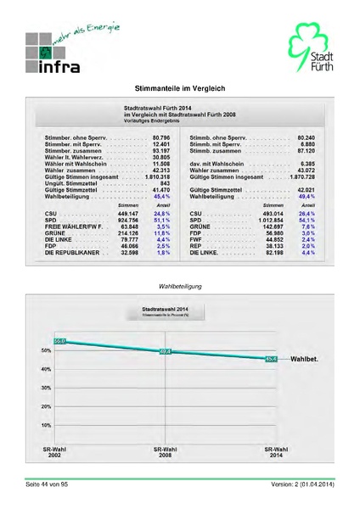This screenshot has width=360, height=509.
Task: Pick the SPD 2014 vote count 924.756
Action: click(x=126, y=221)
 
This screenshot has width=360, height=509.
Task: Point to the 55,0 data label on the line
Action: click(x=59, y=340)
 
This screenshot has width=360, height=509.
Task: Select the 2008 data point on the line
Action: click(x=165, y=350)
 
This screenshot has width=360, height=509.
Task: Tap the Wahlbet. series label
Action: click(x=304, y=360)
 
